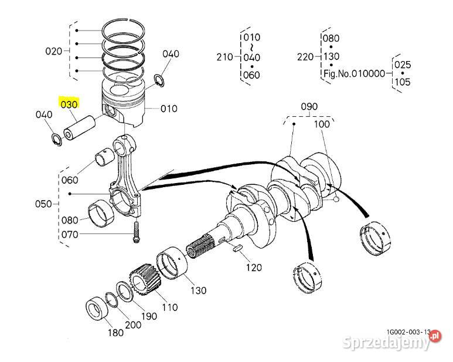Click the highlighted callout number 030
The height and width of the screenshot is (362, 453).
coord(69,104)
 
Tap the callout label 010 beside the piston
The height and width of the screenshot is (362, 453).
coord(169,109)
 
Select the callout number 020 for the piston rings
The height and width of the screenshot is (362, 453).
coord(54,51)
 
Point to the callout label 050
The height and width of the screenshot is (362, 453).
coord(44,204)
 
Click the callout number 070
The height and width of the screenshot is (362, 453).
coord(70,235)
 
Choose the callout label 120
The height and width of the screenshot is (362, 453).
coord(254,268)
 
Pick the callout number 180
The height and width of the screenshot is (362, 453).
coord(115,333)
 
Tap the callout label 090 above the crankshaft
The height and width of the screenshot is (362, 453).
coord(309,106)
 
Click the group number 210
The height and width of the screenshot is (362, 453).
coord(225,56)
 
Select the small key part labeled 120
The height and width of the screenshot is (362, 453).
coord(237,250)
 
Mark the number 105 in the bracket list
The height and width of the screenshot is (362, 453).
coord(403,82)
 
